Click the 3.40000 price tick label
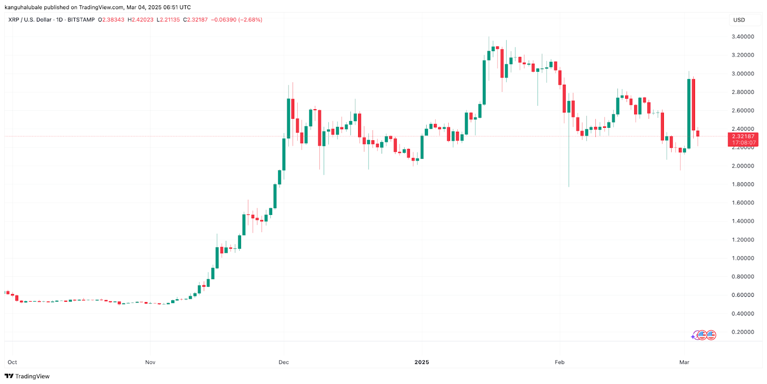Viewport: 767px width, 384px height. [743, 37]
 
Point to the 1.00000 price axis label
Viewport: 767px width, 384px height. [743, 258]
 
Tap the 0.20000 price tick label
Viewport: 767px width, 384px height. [743, 332]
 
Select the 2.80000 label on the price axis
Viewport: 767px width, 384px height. [743, 92]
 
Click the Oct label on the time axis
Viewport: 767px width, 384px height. [12, 362]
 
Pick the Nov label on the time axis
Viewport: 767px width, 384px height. [151, 362]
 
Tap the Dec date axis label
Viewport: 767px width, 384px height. [284, 362]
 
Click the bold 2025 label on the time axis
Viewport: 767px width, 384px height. [422, 362]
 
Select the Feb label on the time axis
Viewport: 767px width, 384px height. [559, 362]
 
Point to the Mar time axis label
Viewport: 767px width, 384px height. [684, 362]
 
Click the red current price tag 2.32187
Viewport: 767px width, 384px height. [743, 136]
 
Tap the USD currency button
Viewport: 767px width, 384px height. [739, 20]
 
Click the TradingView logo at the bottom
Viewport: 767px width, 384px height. [27, 376]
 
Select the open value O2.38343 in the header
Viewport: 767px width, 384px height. [111, 20]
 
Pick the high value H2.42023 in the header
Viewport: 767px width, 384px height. [140, 20]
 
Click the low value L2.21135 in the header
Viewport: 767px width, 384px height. [168, 20]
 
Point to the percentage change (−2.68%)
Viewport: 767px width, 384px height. [250, 20]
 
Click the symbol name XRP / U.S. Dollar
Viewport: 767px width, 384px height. [30, 20]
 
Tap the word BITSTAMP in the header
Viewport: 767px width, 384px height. [81, 20]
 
